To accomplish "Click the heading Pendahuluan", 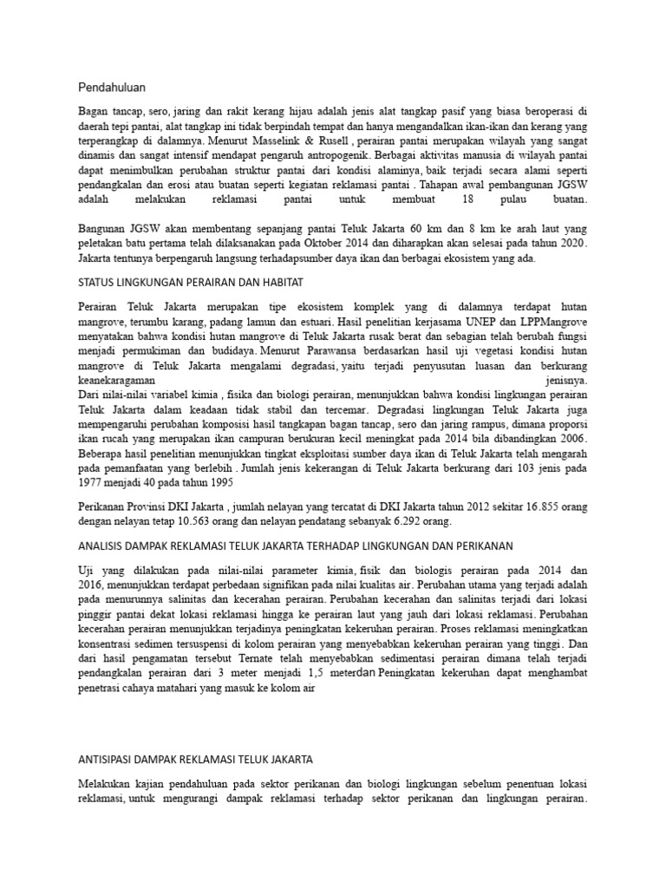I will coord(112,87).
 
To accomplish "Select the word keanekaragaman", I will coord(116,380).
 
